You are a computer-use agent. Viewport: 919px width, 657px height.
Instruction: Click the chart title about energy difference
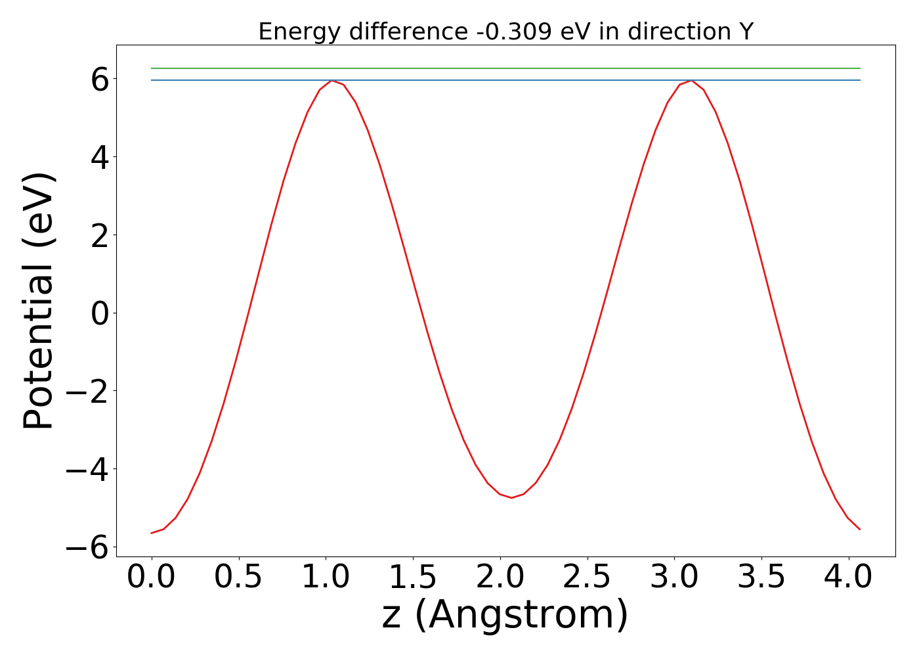pos(505,32)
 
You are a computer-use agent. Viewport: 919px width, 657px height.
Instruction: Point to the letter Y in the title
pos(745,32)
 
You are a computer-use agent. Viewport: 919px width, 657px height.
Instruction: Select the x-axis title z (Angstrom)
pos(505,615)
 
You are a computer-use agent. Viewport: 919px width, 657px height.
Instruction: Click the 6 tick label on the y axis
pos(100,79)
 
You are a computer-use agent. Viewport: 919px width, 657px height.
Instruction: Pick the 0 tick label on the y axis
pos(100,313)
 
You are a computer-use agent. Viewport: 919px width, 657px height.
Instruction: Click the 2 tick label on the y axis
pos(100,236)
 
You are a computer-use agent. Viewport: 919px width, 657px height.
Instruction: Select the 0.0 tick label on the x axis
pos(151,578)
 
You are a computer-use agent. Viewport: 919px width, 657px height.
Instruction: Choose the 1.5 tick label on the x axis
pos(413,578)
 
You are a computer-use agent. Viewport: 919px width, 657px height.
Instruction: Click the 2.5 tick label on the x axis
pos(587,578)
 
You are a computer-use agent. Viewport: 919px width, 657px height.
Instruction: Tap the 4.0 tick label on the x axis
pos(848,578)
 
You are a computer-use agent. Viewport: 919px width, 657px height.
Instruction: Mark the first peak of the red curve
pos(332,81)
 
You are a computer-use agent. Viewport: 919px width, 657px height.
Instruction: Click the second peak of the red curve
pos(691,81)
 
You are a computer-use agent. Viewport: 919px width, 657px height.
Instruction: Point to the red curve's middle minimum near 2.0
pos(511,497)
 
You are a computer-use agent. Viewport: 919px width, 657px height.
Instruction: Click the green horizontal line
pos(505,68)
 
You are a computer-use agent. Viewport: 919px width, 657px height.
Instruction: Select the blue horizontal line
pos(505,80)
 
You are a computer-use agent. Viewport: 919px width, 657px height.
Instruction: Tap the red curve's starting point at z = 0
pos(152,533)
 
